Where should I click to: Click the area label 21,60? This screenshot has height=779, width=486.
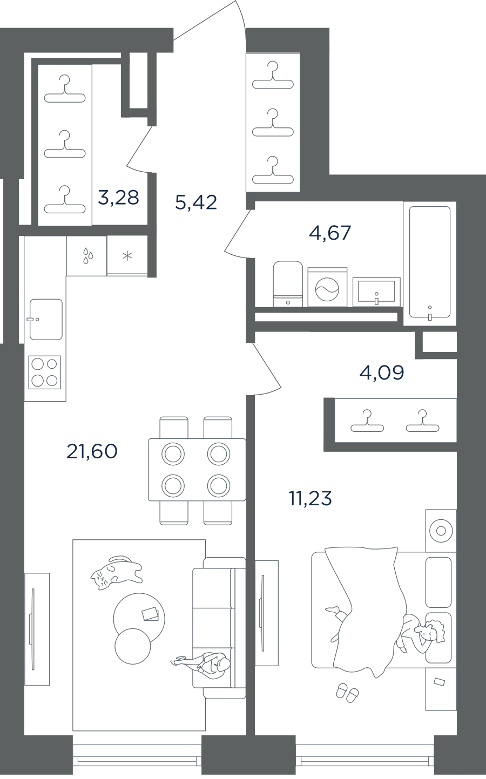pos(92,452)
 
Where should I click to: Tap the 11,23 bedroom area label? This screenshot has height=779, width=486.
pos(310,498)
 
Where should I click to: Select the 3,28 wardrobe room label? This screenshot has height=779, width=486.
pos(118,198)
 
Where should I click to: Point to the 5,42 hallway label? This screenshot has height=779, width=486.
pos(196,202)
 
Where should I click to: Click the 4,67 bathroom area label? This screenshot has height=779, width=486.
pos(330,233)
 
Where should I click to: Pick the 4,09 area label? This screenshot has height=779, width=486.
pos(382,373)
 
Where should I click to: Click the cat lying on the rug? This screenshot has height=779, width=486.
pos(116,572)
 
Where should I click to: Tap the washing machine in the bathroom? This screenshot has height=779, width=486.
pos(327,287)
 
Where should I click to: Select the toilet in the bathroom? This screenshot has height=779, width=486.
pos(288,284)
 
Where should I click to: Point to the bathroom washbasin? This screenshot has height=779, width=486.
pos(376,292)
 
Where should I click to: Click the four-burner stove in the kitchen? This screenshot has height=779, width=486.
pos(44,372)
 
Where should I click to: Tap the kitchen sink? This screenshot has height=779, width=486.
pos(46,319)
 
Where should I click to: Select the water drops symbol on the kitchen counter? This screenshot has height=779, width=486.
pos(88,255)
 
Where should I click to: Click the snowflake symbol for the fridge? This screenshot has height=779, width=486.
pos(127,256)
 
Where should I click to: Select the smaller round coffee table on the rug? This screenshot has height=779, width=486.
pos(133,646)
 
